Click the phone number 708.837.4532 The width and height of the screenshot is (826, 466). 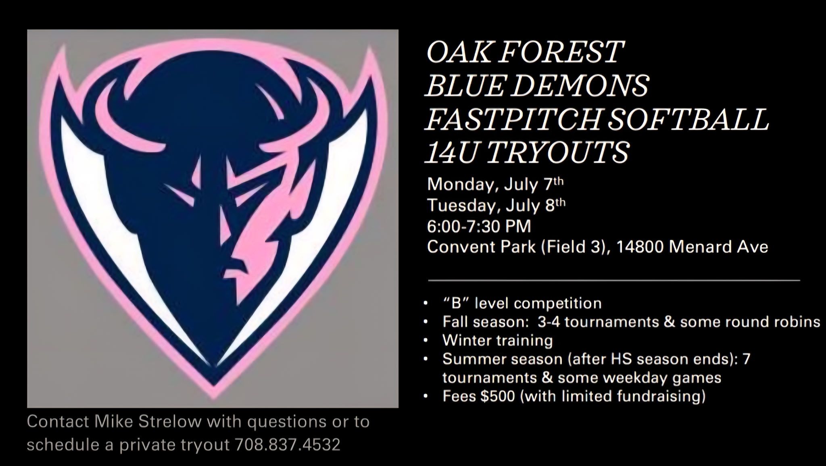tap(287, 445)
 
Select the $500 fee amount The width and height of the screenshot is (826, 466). tap(498, 396)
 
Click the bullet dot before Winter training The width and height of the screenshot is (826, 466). tap(426, 341)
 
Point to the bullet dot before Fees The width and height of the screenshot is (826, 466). tap(426, 397)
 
